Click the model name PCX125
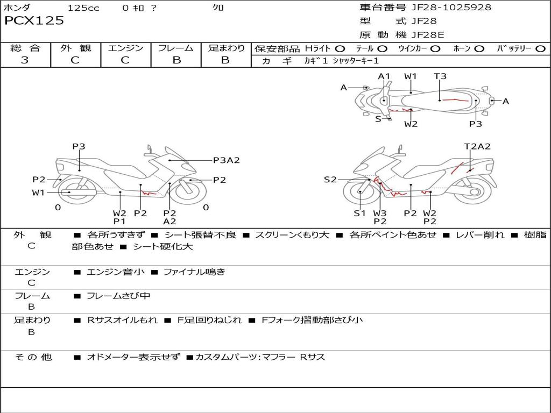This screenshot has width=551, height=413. tap(34, 21)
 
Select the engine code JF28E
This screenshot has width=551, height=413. tap(428, 35)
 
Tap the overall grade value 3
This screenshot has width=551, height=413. tap(25, 60)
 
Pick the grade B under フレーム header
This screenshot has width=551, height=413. tap(176, 60)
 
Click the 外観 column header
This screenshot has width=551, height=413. tap(75, 48)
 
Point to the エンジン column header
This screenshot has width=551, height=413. tap(125, 48)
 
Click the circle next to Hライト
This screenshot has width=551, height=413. tap(340, 48)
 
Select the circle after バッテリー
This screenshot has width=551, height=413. tap(540, 48)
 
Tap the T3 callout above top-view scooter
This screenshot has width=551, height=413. tap(440, 76)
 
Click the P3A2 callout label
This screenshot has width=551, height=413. tap(226, 160)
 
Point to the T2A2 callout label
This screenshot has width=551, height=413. tap(477, 146)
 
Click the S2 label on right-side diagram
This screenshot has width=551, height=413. tap(330, 180)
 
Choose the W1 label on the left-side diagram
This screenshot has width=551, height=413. tap(38, 193)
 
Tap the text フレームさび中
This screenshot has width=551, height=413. tap(118, 296)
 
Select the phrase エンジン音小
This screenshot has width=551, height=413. tap(116, 272)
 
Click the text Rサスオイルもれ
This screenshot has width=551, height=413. tap(123, 320)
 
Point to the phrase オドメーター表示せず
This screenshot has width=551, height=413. tap(133, 357)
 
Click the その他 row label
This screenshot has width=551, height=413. tap(33, 357)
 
